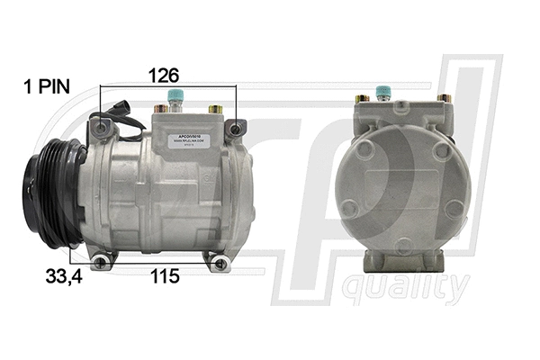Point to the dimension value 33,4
(x=63, y=276)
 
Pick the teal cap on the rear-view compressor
(x=385, y=91)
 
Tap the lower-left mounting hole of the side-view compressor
(x=105, y=261)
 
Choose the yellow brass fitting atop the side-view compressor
(x=216, y=108)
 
